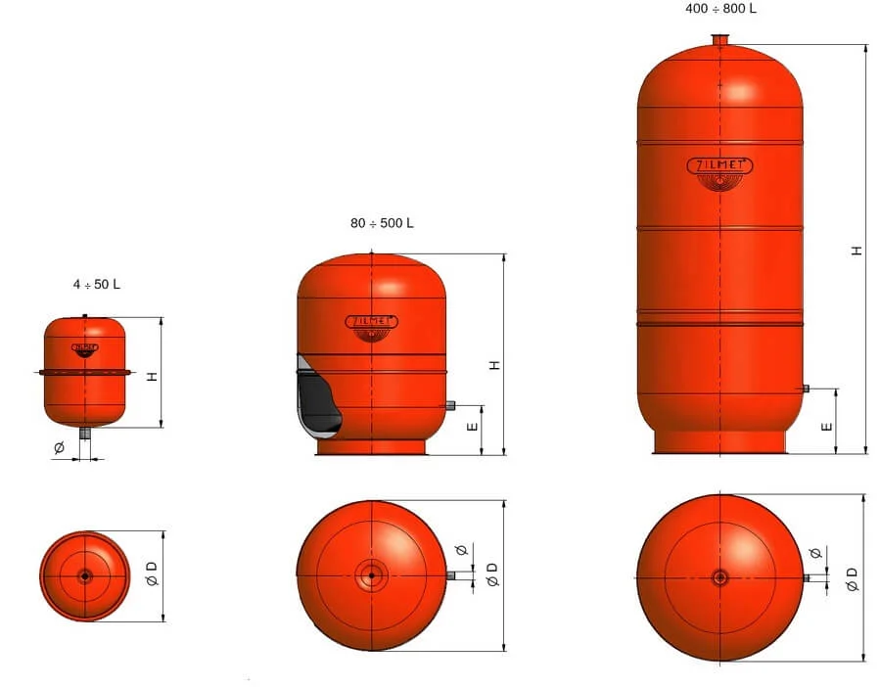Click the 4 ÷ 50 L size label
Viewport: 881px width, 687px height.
pos(96,284)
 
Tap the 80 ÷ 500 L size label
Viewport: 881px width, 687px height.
pos(382,223)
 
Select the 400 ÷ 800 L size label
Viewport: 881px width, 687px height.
pos(720,9)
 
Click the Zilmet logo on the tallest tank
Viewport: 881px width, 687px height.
pos(719,173)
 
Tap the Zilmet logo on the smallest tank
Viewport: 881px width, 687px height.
pos(85,350)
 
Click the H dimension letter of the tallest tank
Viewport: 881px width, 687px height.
pos(857,251)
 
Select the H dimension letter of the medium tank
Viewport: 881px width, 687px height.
pos(494,365)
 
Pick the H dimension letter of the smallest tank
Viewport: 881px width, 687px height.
pos(153,377)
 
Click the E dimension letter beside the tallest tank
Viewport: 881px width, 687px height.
pos(826,427)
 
